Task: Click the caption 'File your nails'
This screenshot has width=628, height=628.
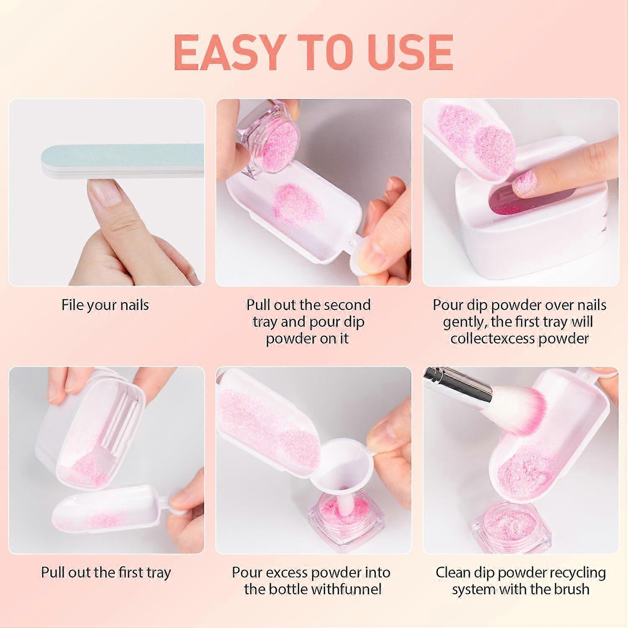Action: [x=105, y=305]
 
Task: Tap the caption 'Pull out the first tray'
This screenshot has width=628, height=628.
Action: [x=106, y=572]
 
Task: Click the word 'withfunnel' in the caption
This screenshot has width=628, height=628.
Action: [x=347, y=589]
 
